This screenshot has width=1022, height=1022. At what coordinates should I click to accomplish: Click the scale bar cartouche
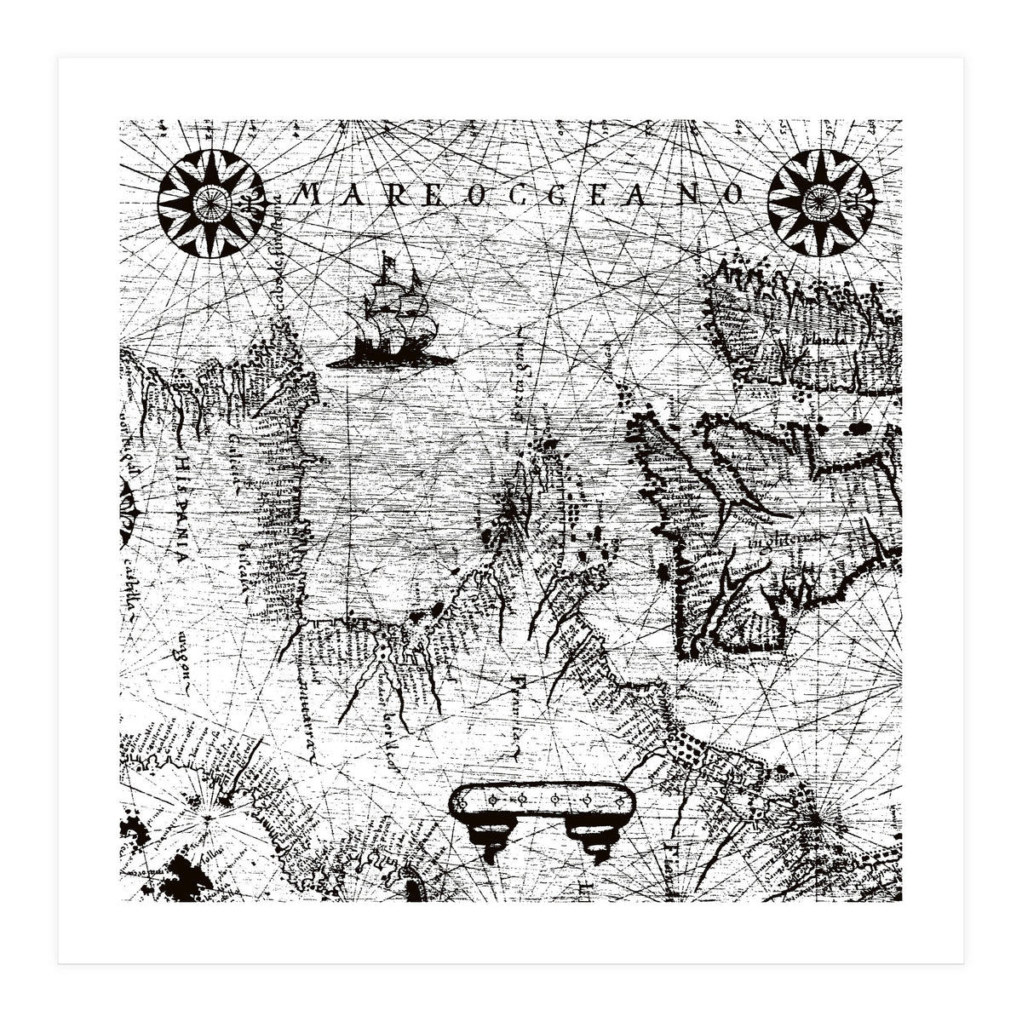543,801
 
